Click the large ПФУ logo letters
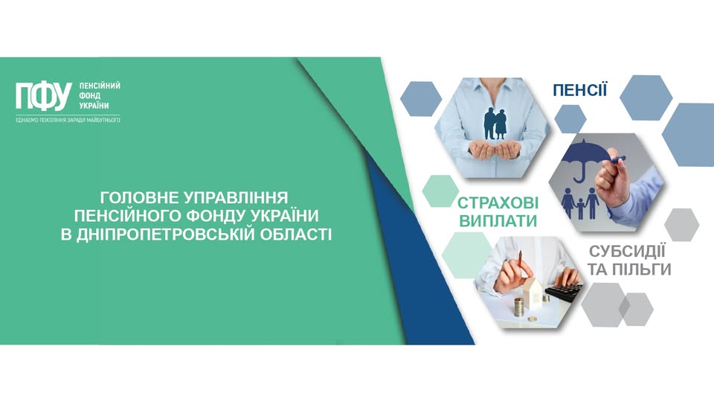[44, 96]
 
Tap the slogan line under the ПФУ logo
[68, 121]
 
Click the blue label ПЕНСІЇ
[579, 90]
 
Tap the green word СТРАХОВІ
[498, 203]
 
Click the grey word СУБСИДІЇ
[627, 251]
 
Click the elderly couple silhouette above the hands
[495, 124]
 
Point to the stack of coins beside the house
[518, 307]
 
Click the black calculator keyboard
[565, 292]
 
